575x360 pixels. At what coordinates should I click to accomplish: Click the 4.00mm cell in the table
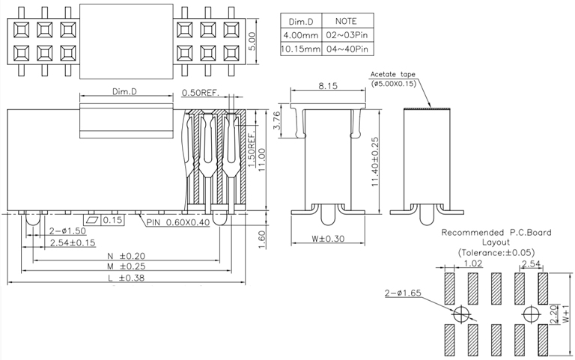pyautogui.click(x=299, y=35)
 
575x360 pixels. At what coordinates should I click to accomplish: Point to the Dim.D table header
pyautogui.click(x=299, y=21)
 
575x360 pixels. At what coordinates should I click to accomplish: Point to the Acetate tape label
pyautogui.click(x=395, y=75)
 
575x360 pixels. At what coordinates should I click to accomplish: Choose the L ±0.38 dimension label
pyautogui.click(x=126, y=278)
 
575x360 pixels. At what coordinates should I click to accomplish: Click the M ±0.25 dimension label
pyautogui.click(x=126, y=266)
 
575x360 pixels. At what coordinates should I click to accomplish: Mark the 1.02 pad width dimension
pyautogui.click(x=473, y=263)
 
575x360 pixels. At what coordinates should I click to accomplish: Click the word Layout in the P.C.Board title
pyautogui.click(x=496, y=242)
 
